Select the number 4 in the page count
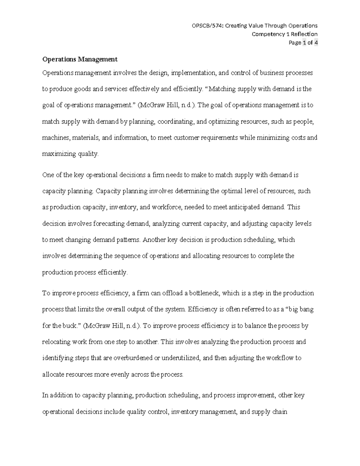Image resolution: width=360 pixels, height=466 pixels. pyautogui.click(x=316, y=43)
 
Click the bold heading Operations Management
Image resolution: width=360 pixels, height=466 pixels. pyautogui.click(x=80, y=59)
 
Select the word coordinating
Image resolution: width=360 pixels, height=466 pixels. pyautogui.click(x=176, y=122)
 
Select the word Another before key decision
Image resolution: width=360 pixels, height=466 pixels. pyautogui.click(x=154, y=240)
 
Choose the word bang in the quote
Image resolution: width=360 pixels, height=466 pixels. pyautogui.click(x=307, y=309)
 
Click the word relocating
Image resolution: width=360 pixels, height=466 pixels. pyautogui.click(x=56, y=342)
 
